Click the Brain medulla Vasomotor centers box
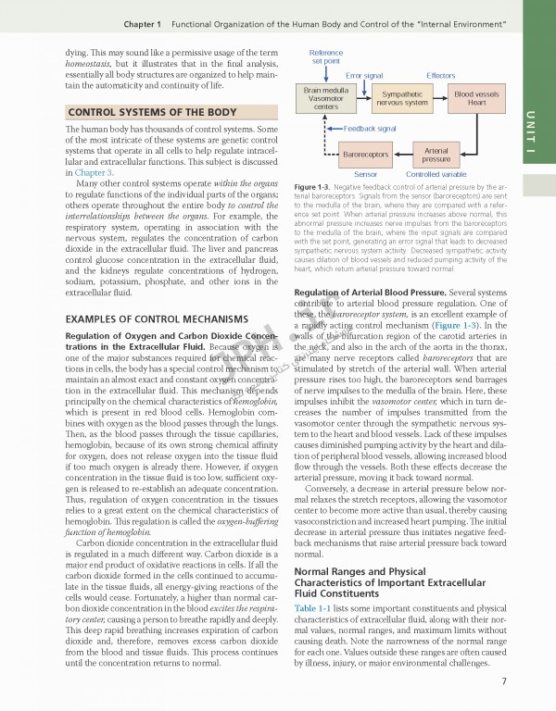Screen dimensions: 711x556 coord(325,98)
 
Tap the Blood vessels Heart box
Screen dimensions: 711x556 coord(476,98)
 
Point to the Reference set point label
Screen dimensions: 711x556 coord(325,56)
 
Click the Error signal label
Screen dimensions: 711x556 coord(364,74)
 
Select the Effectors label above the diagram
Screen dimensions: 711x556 coord(440,74)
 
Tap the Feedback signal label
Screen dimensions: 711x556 coord(370,128)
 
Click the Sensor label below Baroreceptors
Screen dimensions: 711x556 coord(365,173)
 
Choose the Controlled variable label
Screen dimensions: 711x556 coord(436,173)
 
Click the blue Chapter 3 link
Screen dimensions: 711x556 coord(95,173)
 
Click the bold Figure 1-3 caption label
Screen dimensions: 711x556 coord(312,186)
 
